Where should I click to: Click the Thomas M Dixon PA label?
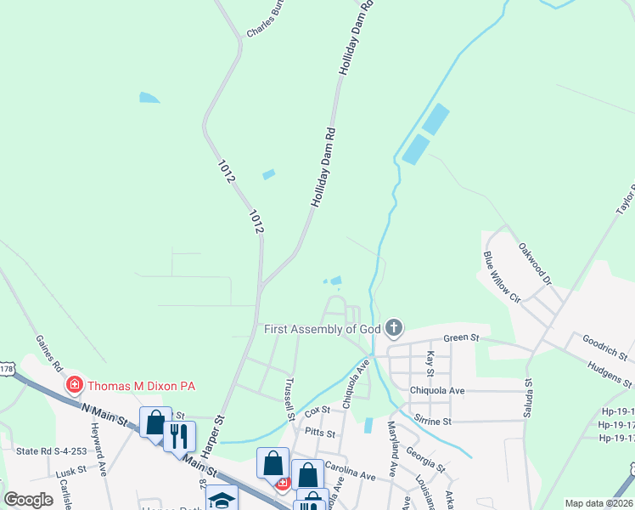click(140, 386)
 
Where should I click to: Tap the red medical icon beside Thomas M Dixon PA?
click(75, 386)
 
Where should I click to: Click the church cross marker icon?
click(393, 327)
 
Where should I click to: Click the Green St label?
click(462, 338)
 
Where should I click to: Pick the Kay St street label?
click(430, 362)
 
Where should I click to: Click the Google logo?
click(28, 500)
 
